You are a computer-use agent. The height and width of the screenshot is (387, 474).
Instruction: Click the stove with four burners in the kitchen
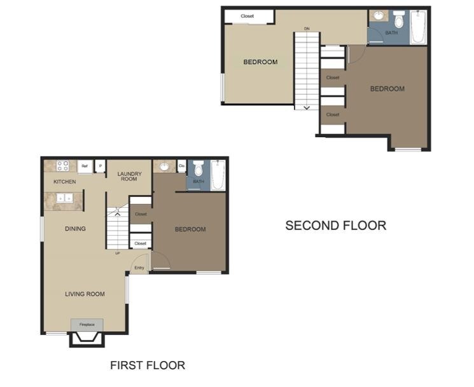[x=63, y=166]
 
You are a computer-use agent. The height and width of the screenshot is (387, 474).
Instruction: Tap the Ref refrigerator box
[x=84, y=166]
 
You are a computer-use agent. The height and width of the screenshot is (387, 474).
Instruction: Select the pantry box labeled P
[x=100, y=166]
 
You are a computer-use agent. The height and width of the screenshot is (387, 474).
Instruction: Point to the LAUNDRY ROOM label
[x=129, y=176]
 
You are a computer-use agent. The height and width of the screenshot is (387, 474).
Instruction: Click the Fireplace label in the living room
[x=87, y=325]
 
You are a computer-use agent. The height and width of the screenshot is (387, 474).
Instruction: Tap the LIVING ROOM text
[x=85, y=294]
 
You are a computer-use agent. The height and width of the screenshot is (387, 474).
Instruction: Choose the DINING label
[x=75, y=229]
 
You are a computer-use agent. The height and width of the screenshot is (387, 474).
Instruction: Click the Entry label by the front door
[x=139, y=268]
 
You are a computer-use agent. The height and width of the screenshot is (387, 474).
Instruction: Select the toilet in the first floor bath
[x=198, y=169]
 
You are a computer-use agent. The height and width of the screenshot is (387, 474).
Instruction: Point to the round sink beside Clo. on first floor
[x=165, y=166]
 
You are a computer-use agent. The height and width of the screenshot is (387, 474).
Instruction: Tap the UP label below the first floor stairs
[x=118, y=254]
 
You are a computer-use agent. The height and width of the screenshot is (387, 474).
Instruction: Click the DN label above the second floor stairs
[x=307, y=29]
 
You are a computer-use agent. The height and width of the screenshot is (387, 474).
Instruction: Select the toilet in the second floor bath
[x=399, y=18]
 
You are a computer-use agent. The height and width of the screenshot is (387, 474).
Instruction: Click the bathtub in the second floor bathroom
[x=418, y=27]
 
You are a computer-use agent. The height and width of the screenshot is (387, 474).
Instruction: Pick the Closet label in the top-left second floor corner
[x=247, y=16]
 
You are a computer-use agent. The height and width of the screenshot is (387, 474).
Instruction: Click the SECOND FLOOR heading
[x=335, y=225]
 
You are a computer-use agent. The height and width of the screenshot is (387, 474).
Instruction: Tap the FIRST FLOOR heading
[x=148, y=365]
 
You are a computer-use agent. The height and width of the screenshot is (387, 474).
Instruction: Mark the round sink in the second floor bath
[x=378, y=16]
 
